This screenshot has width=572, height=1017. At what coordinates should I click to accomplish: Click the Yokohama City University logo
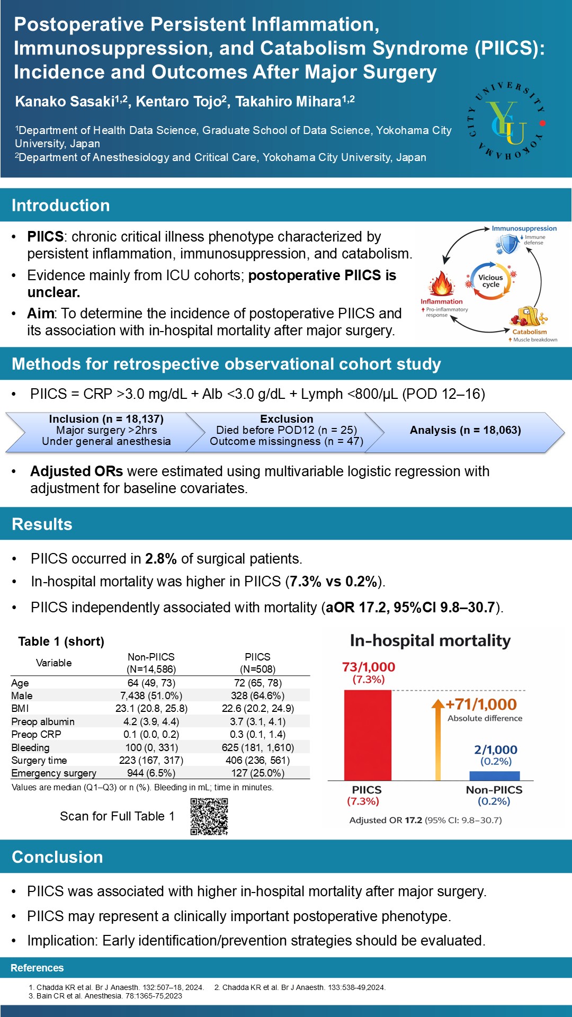[x=507, y=121]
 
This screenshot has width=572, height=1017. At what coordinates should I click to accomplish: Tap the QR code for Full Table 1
[x=209, y=816]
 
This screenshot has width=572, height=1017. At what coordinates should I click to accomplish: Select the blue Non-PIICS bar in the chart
[x=494, y=775]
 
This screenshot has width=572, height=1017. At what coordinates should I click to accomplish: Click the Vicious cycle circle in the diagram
[x=490, y=281]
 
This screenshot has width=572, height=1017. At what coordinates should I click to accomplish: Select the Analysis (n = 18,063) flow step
[x=465, y=430]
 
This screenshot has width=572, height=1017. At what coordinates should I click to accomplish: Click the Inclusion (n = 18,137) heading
[x=106, y=419]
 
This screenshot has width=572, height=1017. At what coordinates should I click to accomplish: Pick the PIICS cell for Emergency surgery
[x=258, y=773]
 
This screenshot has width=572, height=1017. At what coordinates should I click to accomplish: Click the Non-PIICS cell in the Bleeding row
[x=151, y=747]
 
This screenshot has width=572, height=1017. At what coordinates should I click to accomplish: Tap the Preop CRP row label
[x=37, y=734]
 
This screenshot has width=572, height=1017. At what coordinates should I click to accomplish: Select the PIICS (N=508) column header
[x=258, y=663]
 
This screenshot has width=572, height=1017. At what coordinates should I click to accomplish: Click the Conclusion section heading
[x=57, y=857]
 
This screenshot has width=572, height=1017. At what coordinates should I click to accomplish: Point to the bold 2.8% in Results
[x=161, y=559]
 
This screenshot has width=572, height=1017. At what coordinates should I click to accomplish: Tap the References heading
[x=37, y=968]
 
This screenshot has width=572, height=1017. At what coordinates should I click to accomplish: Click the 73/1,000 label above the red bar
[x=369, y=667]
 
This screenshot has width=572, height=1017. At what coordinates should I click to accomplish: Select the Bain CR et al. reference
[x=105, y=996]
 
